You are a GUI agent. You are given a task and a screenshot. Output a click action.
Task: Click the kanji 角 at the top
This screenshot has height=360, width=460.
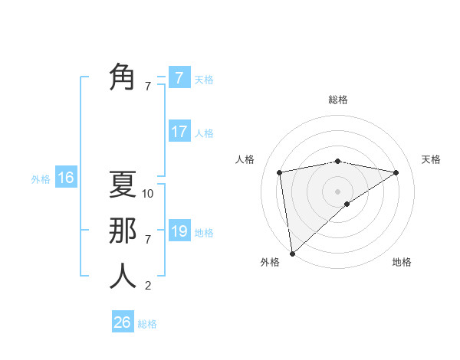point(123,77)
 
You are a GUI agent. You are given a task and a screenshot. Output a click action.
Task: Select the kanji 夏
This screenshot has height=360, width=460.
point(123,185)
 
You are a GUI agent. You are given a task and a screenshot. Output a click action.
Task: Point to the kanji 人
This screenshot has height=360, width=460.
point(123,276)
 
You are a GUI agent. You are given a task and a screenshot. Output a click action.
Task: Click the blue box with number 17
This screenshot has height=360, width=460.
point(179,132)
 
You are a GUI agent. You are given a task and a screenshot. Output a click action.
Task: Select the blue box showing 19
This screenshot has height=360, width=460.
point(179,231)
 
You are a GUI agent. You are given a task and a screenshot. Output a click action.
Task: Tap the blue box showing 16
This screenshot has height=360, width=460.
point(65,178)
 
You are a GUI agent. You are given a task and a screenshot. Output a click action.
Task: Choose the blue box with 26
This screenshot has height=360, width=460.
point(123,322)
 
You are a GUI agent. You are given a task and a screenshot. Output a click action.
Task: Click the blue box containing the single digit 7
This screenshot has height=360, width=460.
point(179,78)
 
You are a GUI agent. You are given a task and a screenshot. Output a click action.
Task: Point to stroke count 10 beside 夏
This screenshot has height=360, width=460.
point(148,194)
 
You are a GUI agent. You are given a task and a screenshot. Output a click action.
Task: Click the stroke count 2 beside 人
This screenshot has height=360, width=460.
point(148,286)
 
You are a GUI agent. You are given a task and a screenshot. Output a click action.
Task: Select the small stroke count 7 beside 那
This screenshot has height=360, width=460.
point(148,240)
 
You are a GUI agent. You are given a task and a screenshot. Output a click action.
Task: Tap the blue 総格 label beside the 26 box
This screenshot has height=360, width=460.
point(147,324)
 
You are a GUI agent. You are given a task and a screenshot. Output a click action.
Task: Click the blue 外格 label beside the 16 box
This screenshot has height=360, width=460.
point(41,179)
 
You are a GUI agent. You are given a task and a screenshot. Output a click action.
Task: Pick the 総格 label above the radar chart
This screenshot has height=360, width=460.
point(337,100)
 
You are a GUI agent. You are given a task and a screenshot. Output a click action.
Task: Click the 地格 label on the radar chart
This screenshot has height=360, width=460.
point(402,262)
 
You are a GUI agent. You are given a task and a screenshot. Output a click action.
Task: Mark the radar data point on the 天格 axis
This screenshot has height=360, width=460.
point(396,172)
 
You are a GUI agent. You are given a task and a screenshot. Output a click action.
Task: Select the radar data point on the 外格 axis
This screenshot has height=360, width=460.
point(292,253)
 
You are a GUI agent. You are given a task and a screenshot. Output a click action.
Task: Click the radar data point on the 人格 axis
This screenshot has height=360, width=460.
point(280,172)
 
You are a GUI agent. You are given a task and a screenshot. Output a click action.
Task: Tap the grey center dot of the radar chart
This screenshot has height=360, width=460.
point(337,191)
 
